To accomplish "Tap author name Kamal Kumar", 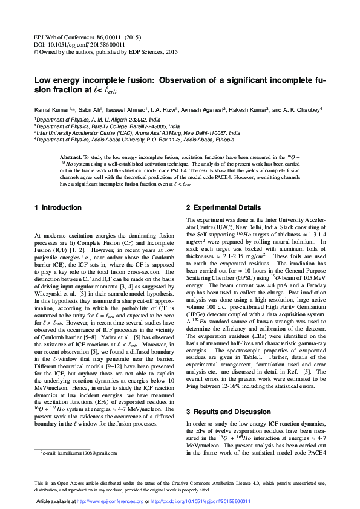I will (51, 111).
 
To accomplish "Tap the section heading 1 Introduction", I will (57, 208).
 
